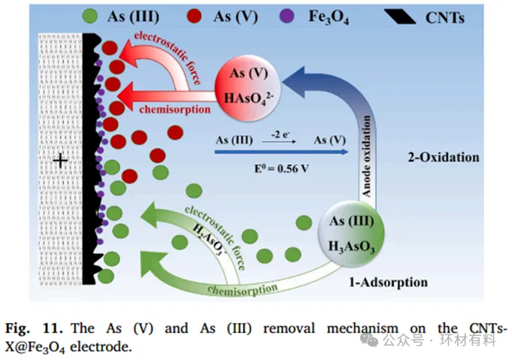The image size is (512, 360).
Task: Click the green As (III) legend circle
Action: [90, 15]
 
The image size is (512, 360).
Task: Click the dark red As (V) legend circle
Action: [202, 15]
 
